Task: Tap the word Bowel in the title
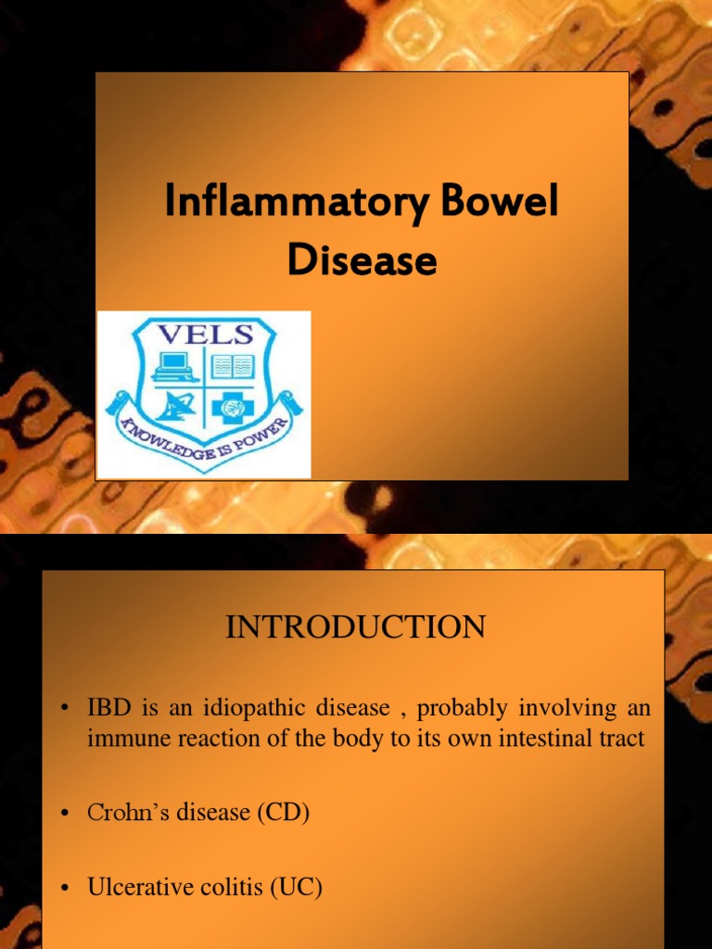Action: pyautogui.click(x=507, y=202)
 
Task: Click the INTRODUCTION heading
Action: pyautogui.click(x=355, y=627)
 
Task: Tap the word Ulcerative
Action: pyautogui.click(x=133, y=887)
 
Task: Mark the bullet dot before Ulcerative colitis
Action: pyautogui.click(x=65, y=889)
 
